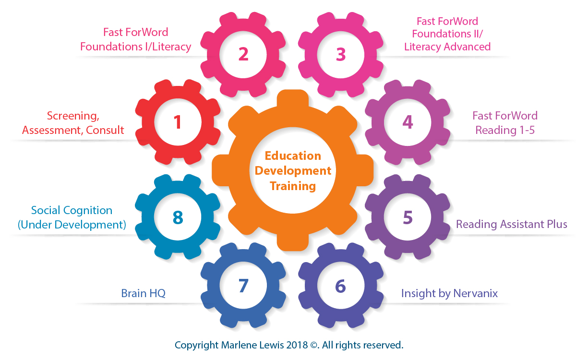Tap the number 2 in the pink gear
(243, 54)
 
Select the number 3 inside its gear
(341, 54)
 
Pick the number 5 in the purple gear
(408, 217)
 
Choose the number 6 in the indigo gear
(340, 286)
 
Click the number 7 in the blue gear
(243, 286)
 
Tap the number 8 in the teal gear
(178, 217)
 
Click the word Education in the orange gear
(293, 156)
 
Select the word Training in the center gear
(293, 186)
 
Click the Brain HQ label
(143, 293)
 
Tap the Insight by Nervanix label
(449, 293)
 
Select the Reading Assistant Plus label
(512, 224)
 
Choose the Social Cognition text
(72, 210)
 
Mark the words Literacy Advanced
(447, 47)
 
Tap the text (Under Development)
(72, 224)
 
